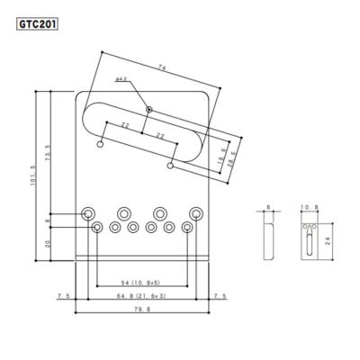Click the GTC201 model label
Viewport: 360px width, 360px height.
coord(36,24)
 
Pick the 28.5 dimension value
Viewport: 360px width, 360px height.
coord(232,165)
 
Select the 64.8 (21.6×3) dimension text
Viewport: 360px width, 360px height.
coord(142,295)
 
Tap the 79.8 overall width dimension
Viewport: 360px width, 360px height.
coord(142,310)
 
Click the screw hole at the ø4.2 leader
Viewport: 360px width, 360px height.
coord(149,112)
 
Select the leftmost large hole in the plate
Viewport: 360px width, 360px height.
coord(90,212)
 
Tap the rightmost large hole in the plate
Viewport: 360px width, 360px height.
coord(194,212)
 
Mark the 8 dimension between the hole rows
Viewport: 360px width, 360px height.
coord(48,220)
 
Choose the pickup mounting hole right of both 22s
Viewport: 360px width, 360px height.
coord(170,165)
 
